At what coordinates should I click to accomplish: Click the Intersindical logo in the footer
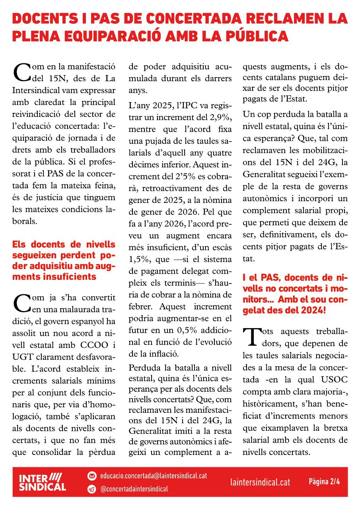[43, 482]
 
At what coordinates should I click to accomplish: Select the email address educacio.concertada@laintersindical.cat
[154, 475]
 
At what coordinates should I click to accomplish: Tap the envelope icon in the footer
[92, 476]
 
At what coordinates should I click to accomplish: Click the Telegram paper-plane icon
[92, 489]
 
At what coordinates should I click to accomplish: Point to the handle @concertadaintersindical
[134, 489]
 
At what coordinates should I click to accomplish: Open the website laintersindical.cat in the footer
[260, 482]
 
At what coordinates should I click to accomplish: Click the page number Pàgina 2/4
[324, 482]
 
